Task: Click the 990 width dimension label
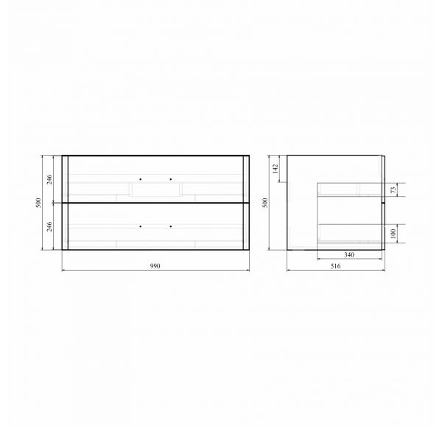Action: (155, 266)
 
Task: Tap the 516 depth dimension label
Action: (335, 266)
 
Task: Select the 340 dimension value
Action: (349, 255)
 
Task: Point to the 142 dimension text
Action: (276, 169)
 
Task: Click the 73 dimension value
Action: (393, 190)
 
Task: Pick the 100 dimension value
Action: (393, 234)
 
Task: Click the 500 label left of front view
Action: (38, 203)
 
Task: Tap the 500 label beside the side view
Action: (264, 203)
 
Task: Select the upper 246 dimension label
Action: (49, 179)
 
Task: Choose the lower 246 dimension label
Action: (49, 226)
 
